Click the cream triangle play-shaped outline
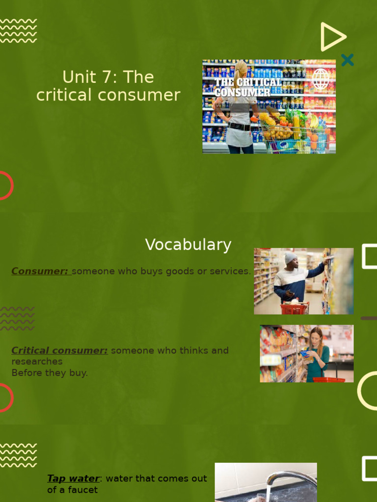click(332, 37)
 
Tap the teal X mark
click(347, 60)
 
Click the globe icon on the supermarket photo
click(321, 79)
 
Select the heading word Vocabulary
click(188, 245)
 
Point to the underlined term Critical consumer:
click(59, 351)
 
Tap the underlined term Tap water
click(73, 478)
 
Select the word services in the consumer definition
click(231, 271)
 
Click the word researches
click(37, 361)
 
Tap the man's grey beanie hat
click(291, 257)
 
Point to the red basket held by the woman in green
click(329, 379)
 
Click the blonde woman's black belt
click(240, 126)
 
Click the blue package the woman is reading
click(305, 353)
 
